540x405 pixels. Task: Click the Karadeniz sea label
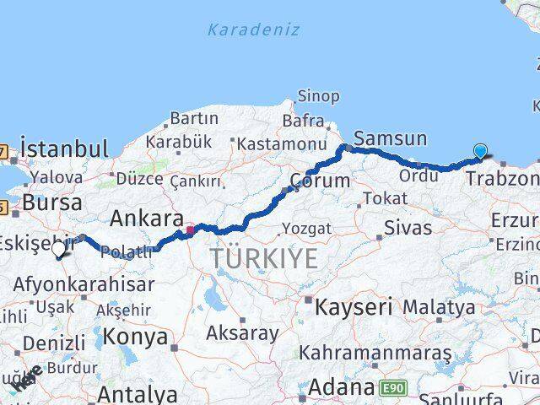click(x=253, y=30)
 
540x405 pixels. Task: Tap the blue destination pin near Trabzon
click(x=480, y=152)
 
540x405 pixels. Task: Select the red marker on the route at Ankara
click(x=192, y=228)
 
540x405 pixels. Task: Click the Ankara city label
click(x=146, y=218)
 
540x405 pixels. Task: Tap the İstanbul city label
click(x=64, y=149)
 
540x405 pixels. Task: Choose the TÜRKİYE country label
click(x=264, y=259)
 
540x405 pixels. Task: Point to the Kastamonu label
click(x=281, y=144)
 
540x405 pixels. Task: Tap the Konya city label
click(x=136, y=337)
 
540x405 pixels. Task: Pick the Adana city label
click(x=340, y=387)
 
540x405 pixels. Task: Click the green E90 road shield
click(x=391, y=388)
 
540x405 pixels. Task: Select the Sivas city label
click(x=408, y=227)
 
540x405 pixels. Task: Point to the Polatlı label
click(x=129, y=252)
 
